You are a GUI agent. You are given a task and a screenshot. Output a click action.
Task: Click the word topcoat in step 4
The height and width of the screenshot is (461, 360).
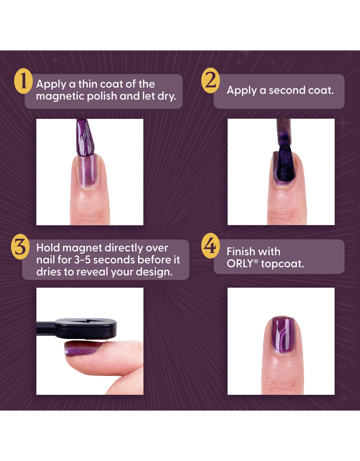[283, 264]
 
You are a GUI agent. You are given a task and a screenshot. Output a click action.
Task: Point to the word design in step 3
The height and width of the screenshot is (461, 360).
[154, 273]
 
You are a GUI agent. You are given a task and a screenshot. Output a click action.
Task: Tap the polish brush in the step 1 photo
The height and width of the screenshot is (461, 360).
[84, 137]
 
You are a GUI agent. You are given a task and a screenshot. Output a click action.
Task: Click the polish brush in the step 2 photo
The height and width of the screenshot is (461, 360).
[283, 135]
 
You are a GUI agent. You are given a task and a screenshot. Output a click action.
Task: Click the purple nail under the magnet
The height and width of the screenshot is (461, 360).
[84, 347]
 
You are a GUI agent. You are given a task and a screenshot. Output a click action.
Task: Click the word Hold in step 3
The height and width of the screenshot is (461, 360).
[48, 248]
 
